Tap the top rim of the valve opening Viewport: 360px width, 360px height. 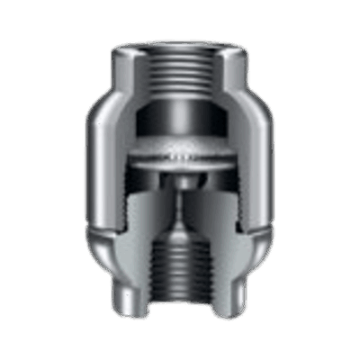click(x=181, y=38)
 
